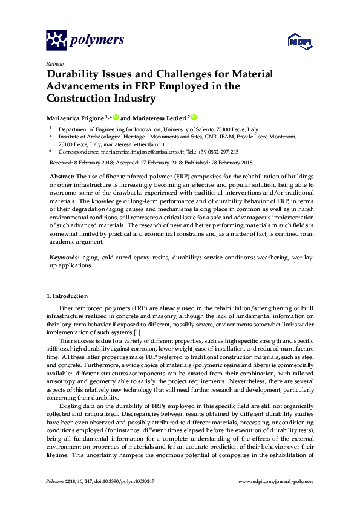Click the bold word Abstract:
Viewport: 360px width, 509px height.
pos(63,175)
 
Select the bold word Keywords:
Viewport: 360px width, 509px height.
pos(65,258)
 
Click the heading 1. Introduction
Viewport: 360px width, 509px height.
pos(68,296)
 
